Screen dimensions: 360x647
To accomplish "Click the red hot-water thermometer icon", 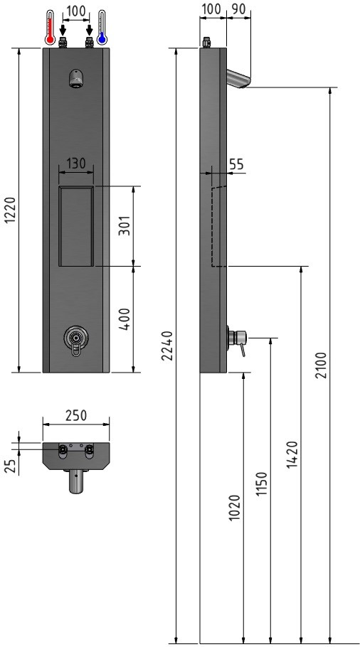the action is pos(51,28).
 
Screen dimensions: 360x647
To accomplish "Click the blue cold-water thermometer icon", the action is pos(102,28).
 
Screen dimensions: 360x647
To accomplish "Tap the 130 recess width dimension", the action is pos(76,164).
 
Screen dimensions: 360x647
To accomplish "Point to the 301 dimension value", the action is pos(125,225).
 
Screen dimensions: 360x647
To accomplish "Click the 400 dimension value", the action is pos(125,319).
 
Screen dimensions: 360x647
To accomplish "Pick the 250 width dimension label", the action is pos(76,415).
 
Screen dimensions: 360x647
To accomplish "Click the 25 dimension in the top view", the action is pos(11,466).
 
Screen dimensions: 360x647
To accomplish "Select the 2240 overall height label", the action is pos(166,346).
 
